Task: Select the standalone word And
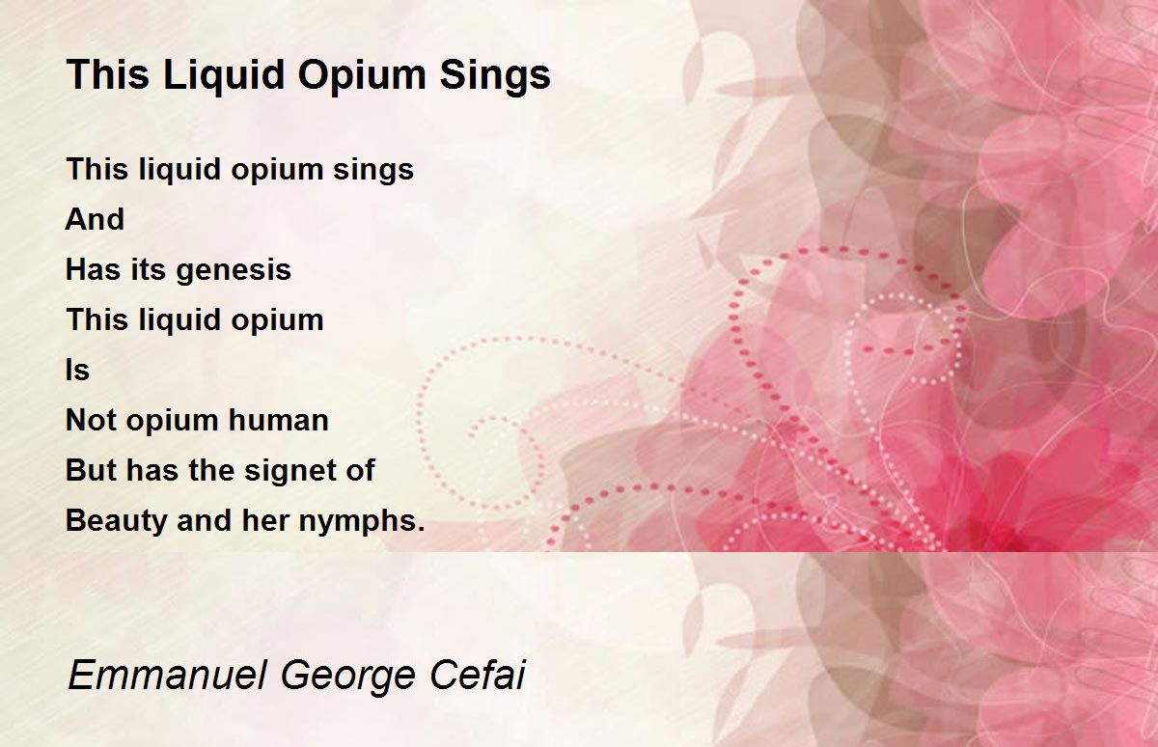[x=95, y=219]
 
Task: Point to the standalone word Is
[x=77, y=371]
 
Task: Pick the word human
[x=279, y=420]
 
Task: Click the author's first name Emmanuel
[x=167, y=675]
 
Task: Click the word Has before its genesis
[x=93, y=269]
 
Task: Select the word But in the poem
[x=91, y=470]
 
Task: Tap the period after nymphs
[x=421, y=529]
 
